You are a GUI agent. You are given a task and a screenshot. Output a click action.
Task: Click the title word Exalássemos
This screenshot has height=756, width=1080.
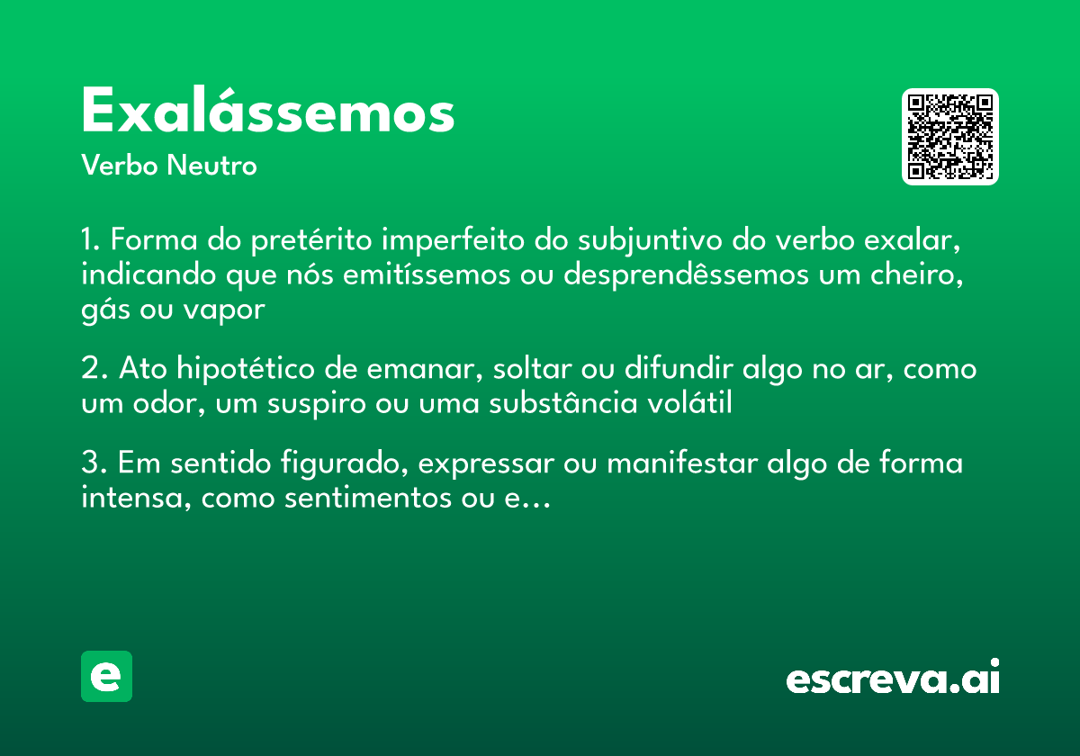tap(268, 112)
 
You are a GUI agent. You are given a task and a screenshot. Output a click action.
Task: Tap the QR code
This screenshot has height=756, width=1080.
tap(950, 137)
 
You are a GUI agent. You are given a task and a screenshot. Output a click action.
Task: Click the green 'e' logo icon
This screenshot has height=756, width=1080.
tap(106, 676)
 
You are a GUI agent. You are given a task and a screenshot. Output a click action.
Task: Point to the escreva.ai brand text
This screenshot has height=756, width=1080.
tap(893, 679)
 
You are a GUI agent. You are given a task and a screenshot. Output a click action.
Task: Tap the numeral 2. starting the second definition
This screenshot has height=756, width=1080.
tap(93, 370)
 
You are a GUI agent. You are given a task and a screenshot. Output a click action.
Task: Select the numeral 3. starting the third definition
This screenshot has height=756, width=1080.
tap(93, 464)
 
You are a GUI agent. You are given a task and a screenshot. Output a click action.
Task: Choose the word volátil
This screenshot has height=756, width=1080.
tap(691, 404)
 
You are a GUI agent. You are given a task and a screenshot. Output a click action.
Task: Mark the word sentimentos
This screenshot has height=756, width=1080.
tap(370, 498)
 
